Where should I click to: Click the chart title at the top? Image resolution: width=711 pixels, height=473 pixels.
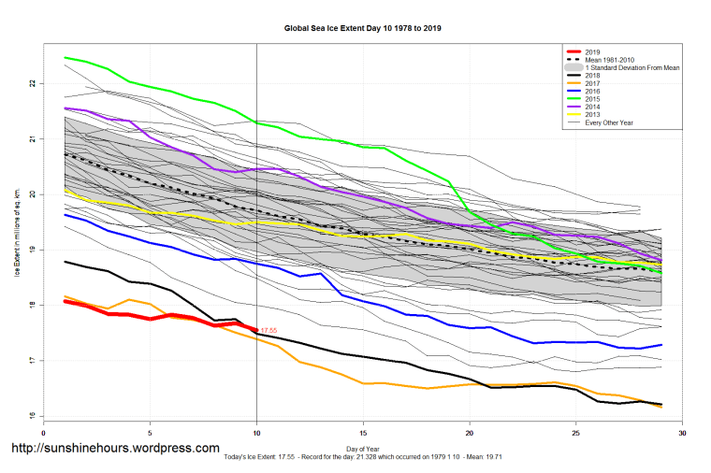pos(363,29)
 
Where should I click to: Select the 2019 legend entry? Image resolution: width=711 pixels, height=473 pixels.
pos(590,50)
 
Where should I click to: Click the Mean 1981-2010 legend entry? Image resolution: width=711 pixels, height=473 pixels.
pos(610,60)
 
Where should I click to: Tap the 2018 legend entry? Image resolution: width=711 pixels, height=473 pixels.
pos(590,78)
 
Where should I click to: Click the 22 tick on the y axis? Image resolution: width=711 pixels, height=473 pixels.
pos(32,84)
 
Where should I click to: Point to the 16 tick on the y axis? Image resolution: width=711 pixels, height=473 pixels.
pos(32,416)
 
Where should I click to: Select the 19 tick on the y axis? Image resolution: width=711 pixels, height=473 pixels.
pos(32,251)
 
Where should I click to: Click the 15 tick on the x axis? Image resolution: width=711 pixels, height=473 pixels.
pos(363,433)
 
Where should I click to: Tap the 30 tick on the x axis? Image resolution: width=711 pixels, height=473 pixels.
pos(682,433)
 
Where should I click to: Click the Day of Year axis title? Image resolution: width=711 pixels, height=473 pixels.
pos(363,450)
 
